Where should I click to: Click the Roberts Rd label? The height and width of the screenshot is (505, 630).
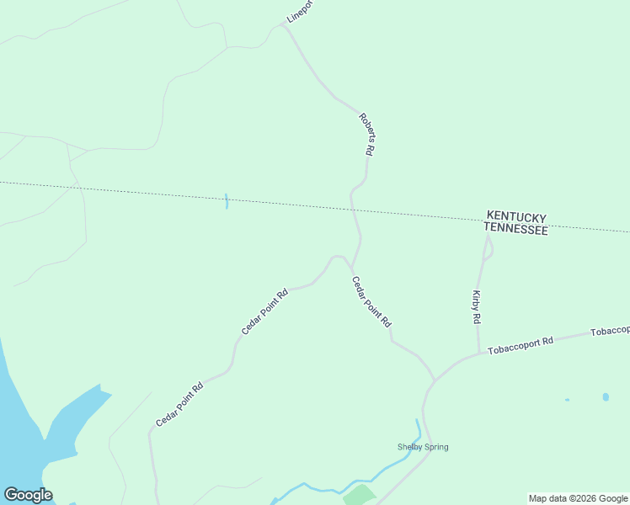[366, 135]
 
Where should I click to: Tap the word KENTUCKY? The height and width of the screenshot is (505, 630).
[515, 216]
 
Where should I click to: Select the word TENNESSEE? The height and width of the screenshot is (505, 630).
[515, 229]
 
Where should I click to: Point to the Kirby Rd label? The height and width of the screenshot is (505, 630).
[477, 307]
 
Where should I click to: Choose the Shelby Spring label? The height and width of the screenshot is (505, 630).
[423, 447]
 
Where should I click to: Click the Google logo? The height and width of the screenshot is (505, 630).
[28, 495]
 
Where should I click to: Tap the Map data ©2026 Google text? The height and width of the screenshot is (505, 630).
[578, 498]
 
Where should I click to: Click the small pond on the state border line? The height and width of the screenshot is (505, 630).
[227, 201]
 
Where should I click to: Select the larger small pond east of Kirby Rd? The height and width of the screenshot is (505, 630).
[606, 396]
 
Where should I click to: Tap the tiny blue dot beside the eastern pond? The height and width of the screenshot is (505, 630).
[567, 400]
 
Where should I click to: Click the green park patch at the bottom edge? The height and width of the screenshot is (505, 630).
[360, 495]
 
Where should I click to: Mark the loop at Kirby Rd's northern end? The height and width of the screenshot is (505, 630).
[488, 249]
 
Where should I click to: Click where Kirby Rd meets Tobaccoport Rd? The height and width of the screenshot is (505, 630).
[478, 353]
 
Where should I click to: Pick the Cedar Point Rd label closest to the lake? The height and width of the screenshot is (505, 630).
[179, 405]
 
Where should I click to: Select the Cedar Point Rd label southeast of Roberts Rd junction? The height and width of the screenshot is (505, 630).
[371, 302]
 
